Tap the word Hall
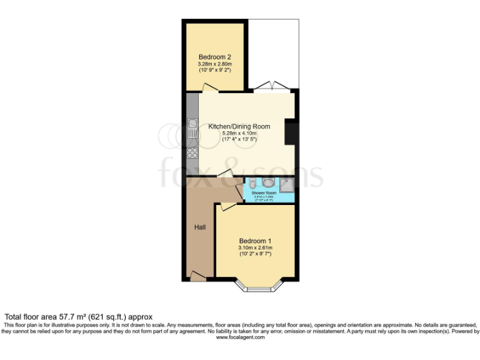(x=199, y=227)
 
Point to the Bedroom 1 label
(x=254, y=241)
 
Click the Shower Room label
(x=264, y=193)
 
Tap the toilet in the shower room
(x=268, y=183)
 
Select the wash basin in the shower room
(x=251, y=184)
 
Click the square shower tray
(x=286, y=184)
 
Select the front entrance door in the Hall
(x=198, y=275)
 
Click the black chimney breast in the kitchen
(x=291, y=134)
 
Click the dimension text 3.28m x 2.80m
(x=214, y=64)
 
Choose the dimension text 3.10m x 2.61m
(x=254, y=247)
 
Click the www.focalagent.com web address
(x=240, y=337)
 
